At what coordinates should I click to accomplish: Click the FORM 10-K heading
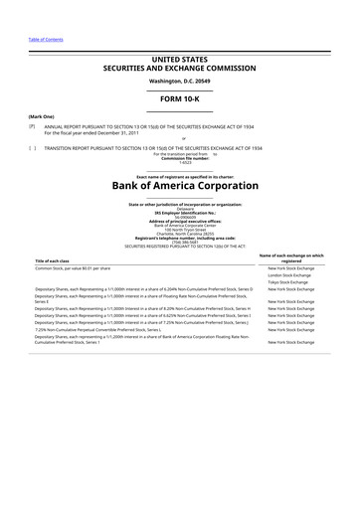pyautogui.click(x=180, y=99)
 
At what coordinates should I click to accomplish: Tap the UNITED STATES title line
pyautogui.click(x=180, y=62)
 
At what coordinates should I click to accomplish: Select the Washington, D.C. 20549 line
pyautogui.click(x=180, y=81)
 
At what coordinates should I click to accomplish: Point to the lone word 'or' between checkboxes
pyautogui.click(x=180, y=139)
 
